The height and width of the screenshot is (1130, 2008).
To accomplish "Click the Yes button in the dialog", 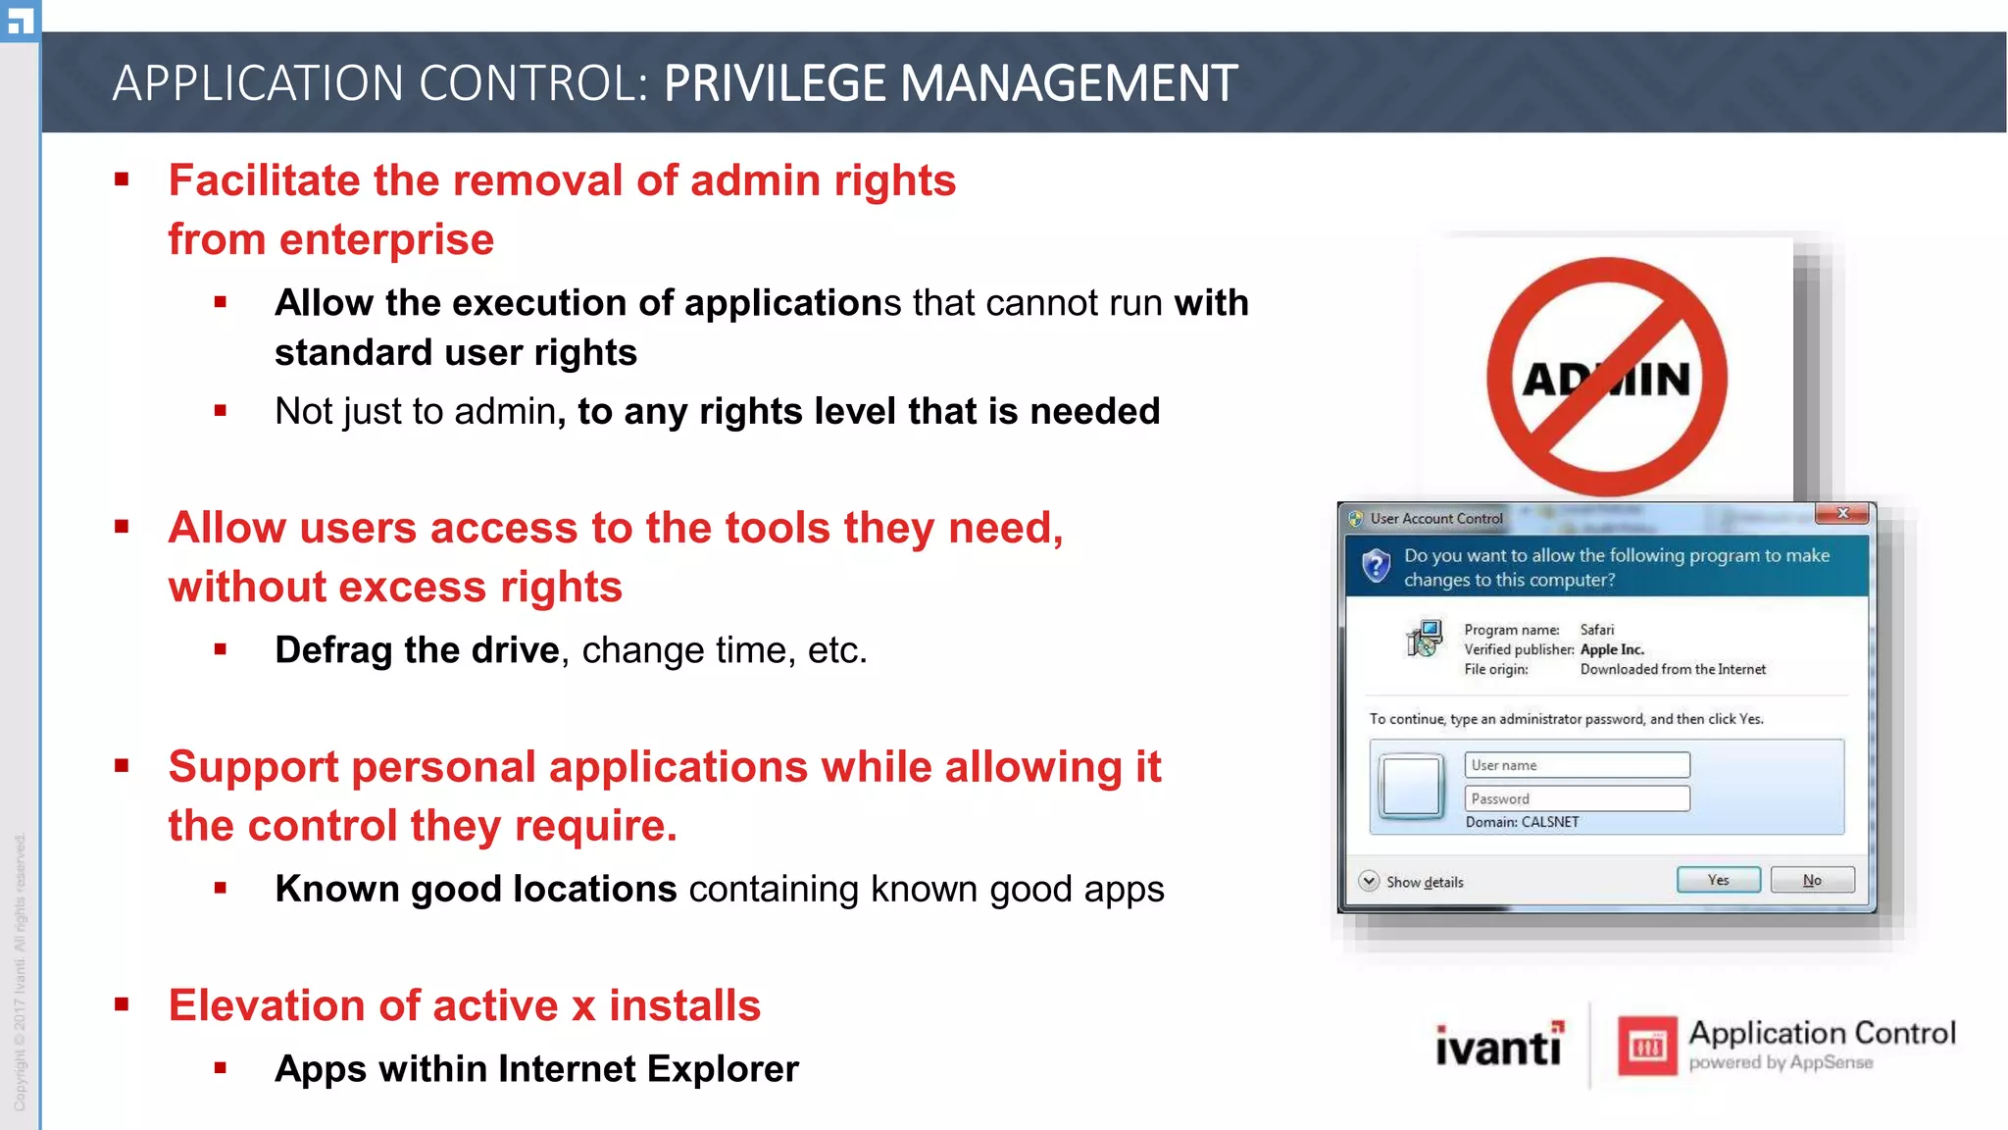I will click(x=1718, y=880).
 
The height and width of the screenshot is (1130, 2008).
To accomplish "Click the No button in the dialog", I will click(x=1812, y=880).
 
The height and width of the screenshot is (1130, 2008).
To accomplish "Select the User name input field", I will click(x=1577, y=765).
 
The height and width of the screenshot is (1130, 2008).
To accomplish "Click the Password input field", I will click(x=1577, y=798).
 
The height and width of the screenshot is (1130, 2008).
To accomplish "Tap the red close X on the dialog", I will click(x=1842, y=513).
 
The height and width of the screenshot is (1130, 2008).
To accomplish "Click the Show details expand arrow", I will click(x=1369, y=881).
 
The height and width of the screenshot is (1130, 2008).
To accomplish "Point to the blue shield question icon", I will click(x=1377, y=566).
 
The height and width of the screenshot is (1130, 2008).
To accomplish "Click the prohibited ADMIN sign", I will click(x=1606, y=378).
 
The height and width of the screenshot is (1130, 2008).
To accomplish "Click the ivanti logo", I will click(x=1499, y=1046).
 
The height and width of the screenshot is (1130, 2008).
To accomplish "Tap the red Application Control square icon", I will click(x=1647, y=1046).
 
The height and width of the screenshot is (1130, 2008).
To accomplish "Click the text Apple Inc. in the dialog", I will click(x=1612, y=649).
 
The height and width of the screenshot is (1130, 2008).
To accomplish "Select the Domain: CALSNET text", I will click(x=1522, y=822).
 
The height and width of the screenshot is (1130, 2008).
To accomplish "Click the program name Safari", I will click(x=1596, y=630).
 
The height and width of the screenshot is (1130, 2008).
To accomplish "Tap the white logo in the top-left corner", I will click(x=20, y=20).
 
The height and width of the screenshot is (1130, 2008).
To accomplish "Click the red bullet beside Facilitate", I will click(x=122, y=180).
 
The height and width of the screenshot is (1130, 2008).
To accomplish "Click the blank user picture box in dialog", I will click(x=1411, y=786).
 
